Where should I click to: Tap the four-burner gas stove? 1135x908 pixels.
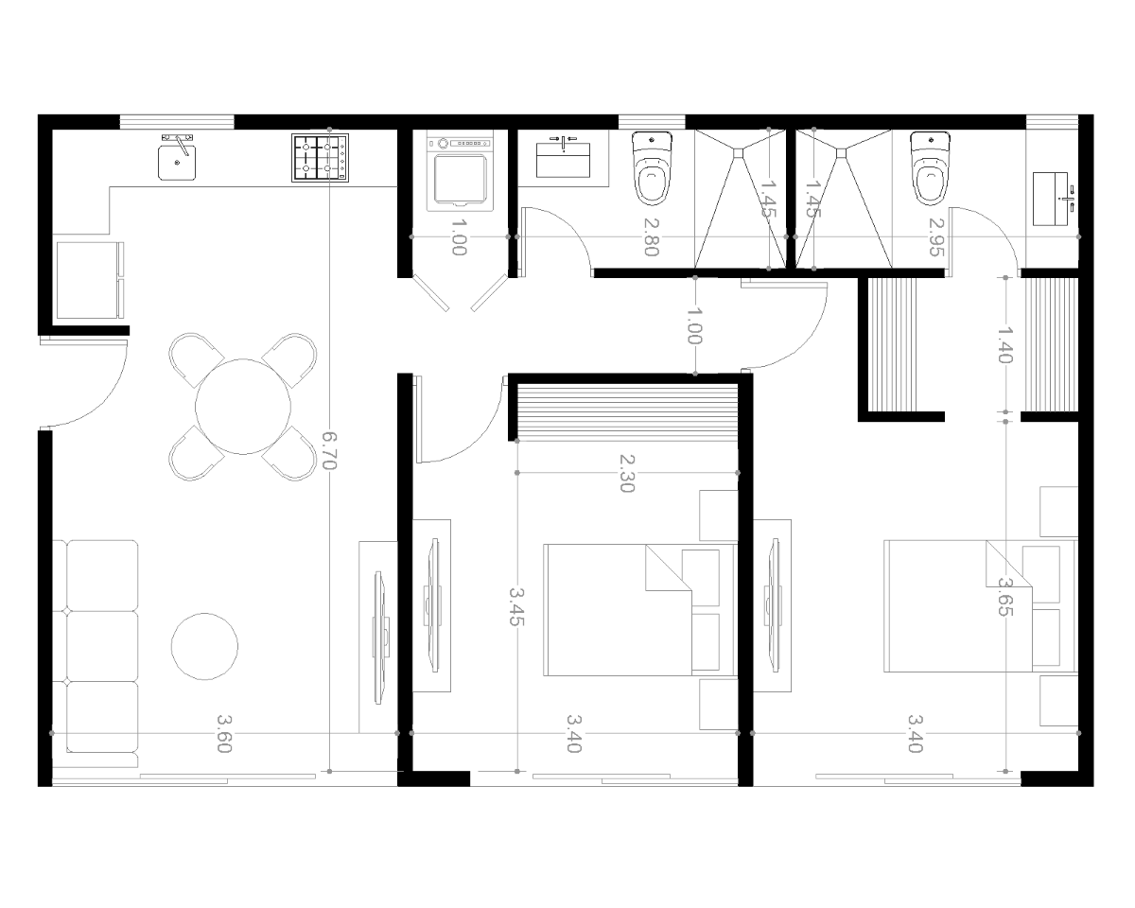320,158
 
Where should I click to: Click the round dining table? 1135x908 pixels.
243,407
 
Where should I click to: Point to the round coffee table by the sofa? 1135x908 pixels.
204,646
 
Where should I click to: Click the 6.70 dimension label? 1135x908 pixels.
329,450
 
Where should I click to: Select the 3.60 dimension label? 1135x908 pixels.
225,733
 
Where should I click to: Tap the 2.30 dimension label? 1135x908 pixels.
626,473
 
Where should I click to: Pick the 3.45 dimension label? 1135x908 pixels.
516,606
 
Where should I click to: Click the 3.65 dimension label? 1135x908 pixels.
1005,597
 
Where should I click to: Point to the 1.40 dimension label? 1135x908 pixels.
1005,345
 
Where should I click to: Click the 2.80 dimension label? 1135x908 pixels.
652,236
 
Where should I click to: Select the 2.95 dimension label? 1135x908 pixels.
935,236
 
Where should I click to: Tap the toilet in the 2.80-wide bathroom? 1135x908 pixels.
652,168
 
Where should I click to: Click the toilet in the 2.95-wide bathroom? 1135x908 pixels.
931,168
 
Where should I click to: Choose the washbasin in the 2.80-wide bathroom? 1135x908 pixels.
564,157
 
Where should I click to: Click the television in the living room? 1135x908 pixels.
381,637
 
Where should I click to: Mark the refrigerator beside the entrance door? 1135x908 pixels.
89,280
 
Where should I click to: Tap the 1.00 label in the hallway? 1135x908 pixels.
695,326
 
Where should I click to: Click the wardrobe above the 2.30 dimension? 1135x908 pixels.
627,412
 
